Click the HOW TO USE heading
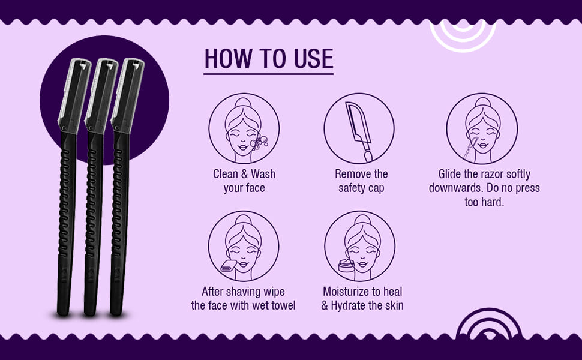[x=269, y=59]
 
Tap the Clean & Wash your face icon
[x=244, y=128]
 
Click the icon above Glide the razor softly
[x=482, y=128]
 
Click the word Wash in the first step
[x=263, y=174]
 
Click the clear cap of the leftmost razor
[x=74, y=95]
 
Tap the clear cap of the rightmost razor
[x=128, y=95]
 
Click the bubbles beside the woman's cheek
[x=259, y=143]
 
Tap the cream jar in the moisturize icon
[x=346, y=266]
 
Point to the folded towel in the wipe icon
[x=228, y=266]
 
